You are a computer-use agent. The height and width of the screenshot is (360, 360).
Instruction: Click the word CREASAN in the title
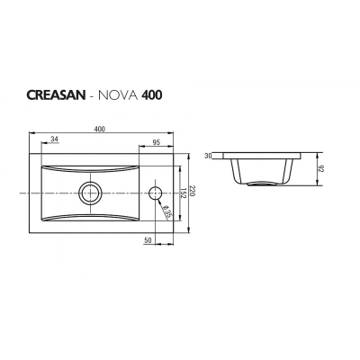pyautogui.click(x=57, y=94)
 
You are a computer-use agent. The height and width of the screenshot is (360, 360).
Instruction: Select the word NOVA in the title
pyautogui.click(x=118, y=94)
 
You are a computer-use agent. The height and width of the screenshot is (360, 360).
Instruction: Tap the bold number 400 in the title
pyautogui.click(x=152, y=94)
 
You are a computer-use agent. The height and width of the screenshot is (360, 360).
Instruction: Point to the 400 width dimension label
pyautogui.click(x=100, y=129)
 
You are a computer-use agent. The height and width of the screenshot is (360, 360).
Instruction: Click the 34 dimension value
pyautogui.click(x=54, y=139)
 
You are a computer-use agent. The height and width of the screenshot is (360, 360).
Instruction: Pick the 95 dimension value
pyautogui.click(x=157, y=142)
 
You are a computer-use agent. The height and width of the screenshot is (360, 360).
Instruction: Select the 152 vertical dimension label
pyautogui.click(x=183, y=193)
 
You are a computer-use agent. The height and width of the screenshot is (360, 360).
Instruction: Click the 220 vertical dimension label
pyautogui.click(x=193, y=193)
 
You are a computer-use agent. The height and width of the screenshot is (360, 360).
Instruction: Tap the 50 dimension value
pyautogui.click(x=148, y=240)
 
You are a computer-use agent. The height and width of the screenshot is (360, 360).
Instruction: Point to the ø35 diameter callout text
pyautogui.click(x=166, y=211)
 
